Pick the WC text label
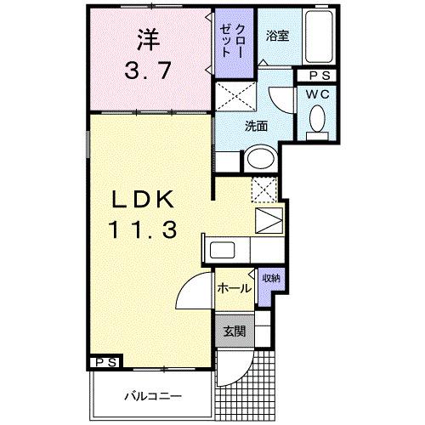pyautogui.click(x=318, y=93)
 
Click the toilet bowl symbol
pyautogui.click(x=318, y=120)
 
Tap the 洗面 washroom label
pyautogui.click(x=256, y=126)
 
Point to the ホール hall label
pyautogui.click(x=232, y=288)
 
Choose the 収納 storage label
pyautogui.click(x=270, y=278)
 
